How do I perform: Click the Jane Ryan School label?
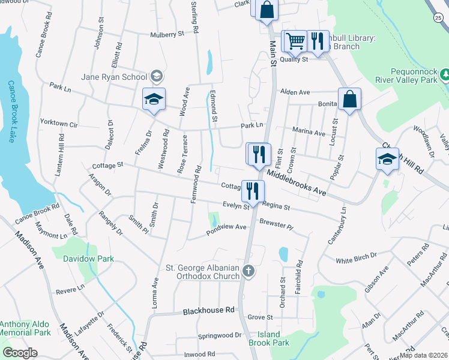click(114, 77)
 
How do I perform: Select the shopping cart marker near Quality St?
click(295, 41)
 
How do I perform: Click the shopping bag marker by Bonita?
click(349, 100)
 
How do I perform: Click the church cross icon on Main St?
click(249, 272)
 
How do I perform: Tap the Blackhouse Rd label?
click(208, 311)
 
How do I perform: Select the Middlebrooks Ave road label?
click(296, 182)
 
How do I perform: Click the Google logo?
click(20, 352)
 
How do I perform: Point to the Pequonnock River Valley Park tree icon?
click(445, 74)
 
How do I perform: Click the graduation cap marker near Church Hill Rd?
click(387, 160)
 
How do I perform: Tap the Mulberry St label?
click(167, 35)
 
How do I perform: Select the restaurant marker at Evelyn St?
click(253, 191)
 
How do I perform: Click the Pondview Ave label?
click(226, 227)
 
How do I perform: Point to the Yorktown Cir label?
click(59, 123)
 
